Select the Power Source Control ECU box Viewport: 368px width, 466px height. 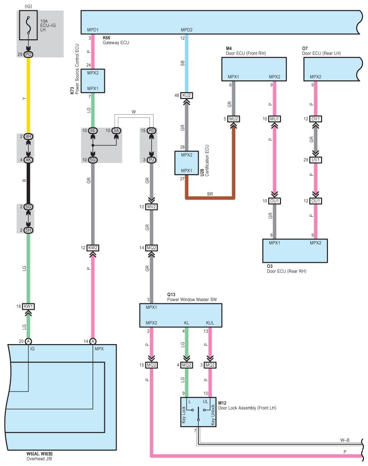[93, 81]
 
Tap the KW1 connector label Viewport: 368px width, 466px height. [28, 306]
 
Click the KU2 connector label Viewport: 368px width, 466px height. [187, 95]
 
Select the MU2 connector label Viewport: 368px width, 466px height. [234, 119]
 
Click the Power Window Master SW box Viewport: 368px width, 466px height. [181, 315]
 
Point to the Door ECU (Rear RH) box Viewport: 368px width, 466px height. [295, 250]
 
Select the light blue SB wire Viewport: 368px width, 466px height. [187, 63]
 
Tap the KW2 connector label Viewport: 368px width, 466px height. [93, 248]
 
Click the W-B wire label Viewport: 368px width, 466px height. [345, 439]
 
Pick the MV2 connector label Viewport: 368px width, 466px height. [151, 207]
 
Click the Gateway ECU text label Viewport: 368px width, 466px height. [116, 42]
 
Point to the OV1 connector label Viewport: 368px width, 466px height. [316, 119]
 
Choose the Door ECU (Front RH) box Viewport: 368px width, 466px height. [254, 69]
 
